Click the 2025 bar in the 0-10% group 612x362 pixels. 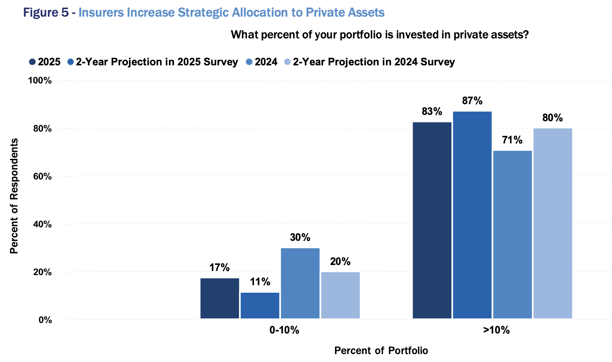pyautogui.click(x=220, y=298)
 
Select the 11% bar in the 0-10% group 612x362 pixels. pyautogui.click(x=260, y=305)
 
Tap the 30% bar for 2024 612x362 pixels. pyautogui.click(x=300, y=283)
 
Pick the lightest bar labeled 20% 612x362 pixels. pyautogui.click(x=340, y=295)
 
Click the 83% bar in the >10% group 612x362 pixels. pyautogui.click(x=432, y=220)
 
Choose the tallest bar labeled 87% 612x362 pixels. pyautogui.click(x=472, y=215)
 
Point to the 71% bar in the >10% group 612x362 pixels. pyautogui.click(x=513, y=234)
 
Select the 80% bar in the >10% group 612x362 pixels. pyautogui.click(x=553, y=223)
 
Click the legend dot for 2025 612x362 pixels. pyautogui.click(x=32, y=62)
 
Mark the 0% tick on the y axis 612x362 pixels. pyautogui.click(x=45, y=320)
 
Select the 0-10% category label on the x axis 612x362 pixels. pyautogui.click(x=284, y=330)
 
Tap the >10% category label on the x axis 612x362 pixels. pyautogui.click(x=496, y=330)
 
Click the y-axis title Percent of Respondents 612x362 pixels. pyautogui.click(x=14, y=196)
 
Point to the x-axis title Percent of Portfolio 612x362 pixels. pyautogui.click(x=381, y=351)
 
